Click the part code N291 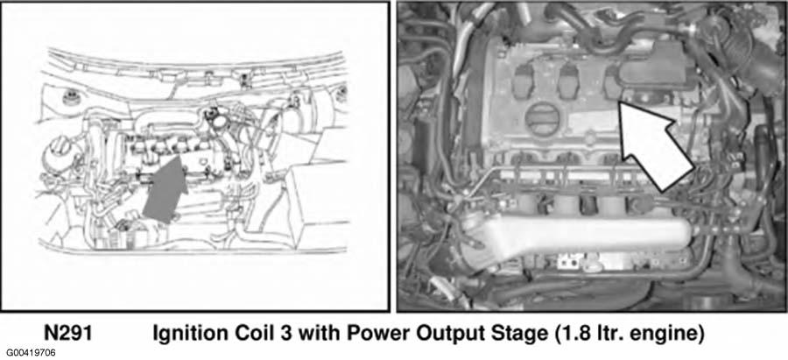pyautogui.click(x=67, y=334)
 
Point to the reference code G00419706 pyautogui.click(x=31, y=352)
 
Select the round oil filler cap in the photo pyautogui.click(x=541, y=118)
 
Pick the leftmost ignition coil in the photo pyautogui.click(x=524, y=81)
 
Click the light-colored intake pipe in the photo pyautogui.click(x=578, y=236)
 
